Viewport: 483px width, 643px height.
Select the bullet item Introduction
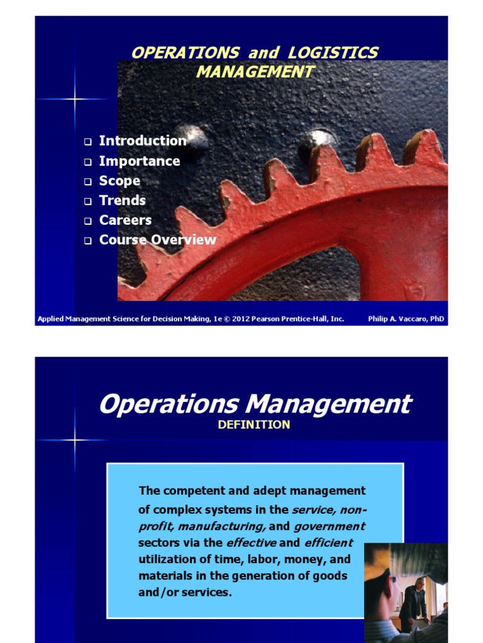click(x=143, y=141)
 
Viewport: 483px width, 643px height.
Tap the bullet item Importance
click(x=140, y=161)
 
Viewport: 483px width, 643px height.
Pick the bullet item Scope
click(x=119, y=181)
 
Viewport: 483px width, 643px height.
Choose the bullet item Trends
click(x=123, y=200)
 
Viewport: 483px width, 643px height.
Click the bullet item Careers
click(x=125, y=220)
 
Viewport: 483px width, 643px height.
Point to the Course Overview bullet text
click(x=157, y=240)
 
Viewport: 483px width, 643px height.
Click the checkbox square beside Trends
click(x=88, y=201)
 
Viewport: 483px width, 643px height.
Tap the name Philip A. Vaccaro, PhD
click(x=406, y=319)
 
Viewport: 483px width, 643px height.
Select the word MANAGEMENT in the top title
click(x=255, y=72)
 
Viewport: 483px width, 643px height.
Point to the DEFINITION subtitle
click(x=254, y=424)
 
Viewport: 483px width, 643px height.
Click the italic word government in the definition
click(x=329, y=526)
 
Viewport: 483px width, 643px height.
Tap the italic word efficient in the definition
click(x=328, y=543)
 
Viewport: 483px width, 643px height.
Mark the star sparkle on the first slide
click(x=74, y=99)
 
